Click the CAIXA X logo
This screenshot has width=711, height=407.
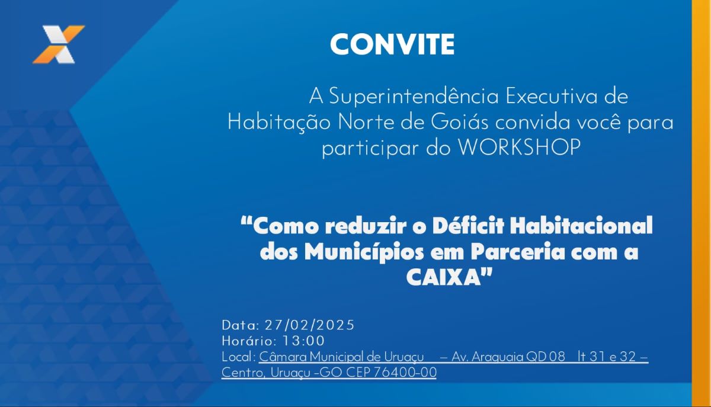click(59, 44)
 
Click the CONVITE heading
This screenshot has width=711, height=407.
click(392, 44)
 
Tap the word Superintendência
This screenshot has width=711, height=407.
click(414, 97)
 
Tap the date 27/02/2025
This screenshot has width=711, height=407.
click(309, 325)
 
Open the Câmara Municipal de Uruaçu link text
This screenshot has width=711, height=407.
click(341, 357)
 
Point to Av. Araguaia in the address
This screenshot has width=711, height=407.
click(487, 357)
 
